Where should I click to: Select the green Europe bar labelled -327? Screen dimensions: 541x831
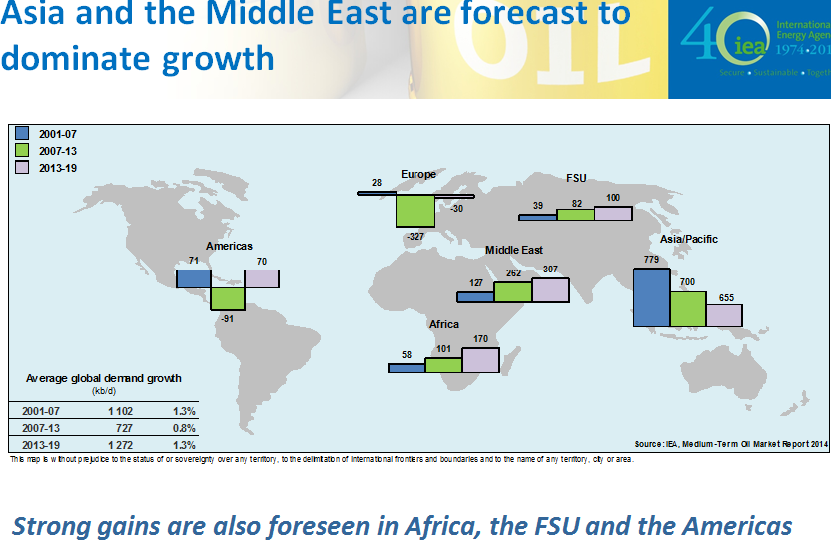point(415,211)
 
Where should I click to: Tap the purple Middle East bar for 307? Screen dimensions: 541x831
point(550,289)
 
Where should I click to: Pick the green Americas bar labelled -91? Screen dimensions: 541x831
point(227,298)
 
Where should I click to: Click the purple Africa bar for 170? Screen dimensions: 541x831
point(480,359)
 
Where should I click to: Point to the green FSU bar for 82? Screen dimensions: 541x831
point(575,214)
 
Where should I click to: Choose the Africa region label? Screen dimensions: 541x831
point(444,324)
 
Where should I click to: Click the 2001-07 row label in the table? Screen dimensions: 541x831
point(43,411)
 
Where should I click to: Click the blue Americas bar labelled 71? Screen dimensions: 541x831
point(193,278)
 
